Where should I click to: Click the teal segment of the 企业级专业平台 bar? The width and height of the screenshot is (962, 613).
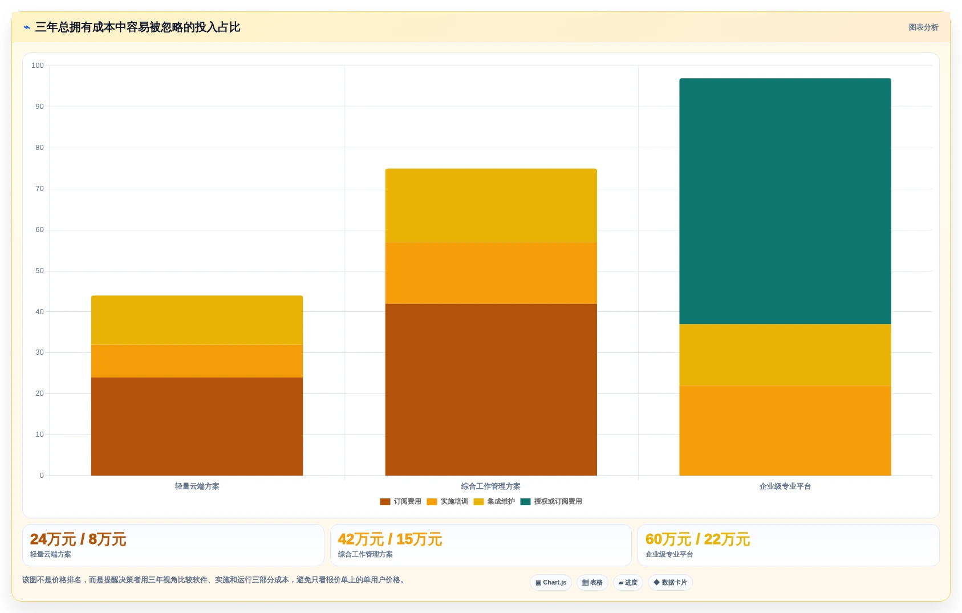pos(785,201)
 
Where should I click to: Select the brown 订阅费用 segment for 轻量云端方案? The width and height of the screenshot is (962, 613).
pos(197,427)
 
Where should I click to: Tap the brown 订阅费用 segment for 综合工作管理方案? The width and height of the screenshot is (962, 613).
pos(491,389)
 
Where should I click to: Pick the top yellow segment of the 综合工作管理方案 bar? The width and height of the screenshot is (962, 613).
pos(491,205)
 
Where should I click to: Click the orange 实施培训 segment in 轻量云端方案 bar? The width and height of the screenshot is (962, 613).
pos(197,361)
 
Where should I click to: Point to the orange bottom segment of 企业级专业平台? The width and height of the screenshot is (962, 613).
pos(785,431)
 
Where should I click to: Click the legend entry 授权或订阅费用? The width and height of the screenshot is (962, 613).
pos(551,501)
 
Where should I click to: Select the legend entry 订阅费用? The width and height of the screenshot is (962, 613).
pos(401,501)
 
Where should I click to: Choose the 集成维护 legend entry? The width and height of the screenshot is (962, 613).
pos(494,501)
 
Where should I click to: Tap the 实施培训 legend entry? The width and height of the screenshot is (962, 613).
pos(448,501)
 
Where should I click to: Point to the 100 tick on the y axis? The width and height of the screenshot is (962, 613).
pos(38,66)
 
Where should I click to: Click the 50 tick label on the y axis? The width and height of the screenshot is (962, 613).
pos(39,271)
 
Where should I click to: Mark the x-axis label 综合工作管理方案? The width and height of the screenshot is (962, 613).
pos(491,486)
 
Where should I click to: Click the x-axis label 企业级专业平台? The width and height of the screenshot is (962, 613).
pos(785,486)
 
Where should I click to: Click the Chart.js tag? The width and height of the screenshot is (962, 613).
pos(551,583)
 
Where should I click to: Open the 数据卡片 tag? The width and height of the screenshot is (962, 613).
pos(670,583)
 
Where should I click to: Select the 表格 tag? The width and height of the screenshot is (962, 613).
pos(592,583)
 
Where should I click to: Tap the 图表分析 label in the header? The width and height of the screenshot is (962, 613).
pos(923,27)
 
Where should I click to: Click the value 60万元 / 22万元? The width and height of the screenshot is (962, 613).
pos(697,539)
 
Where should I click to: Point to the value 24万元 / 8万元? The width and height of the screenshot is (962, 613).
pos(78,539)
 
